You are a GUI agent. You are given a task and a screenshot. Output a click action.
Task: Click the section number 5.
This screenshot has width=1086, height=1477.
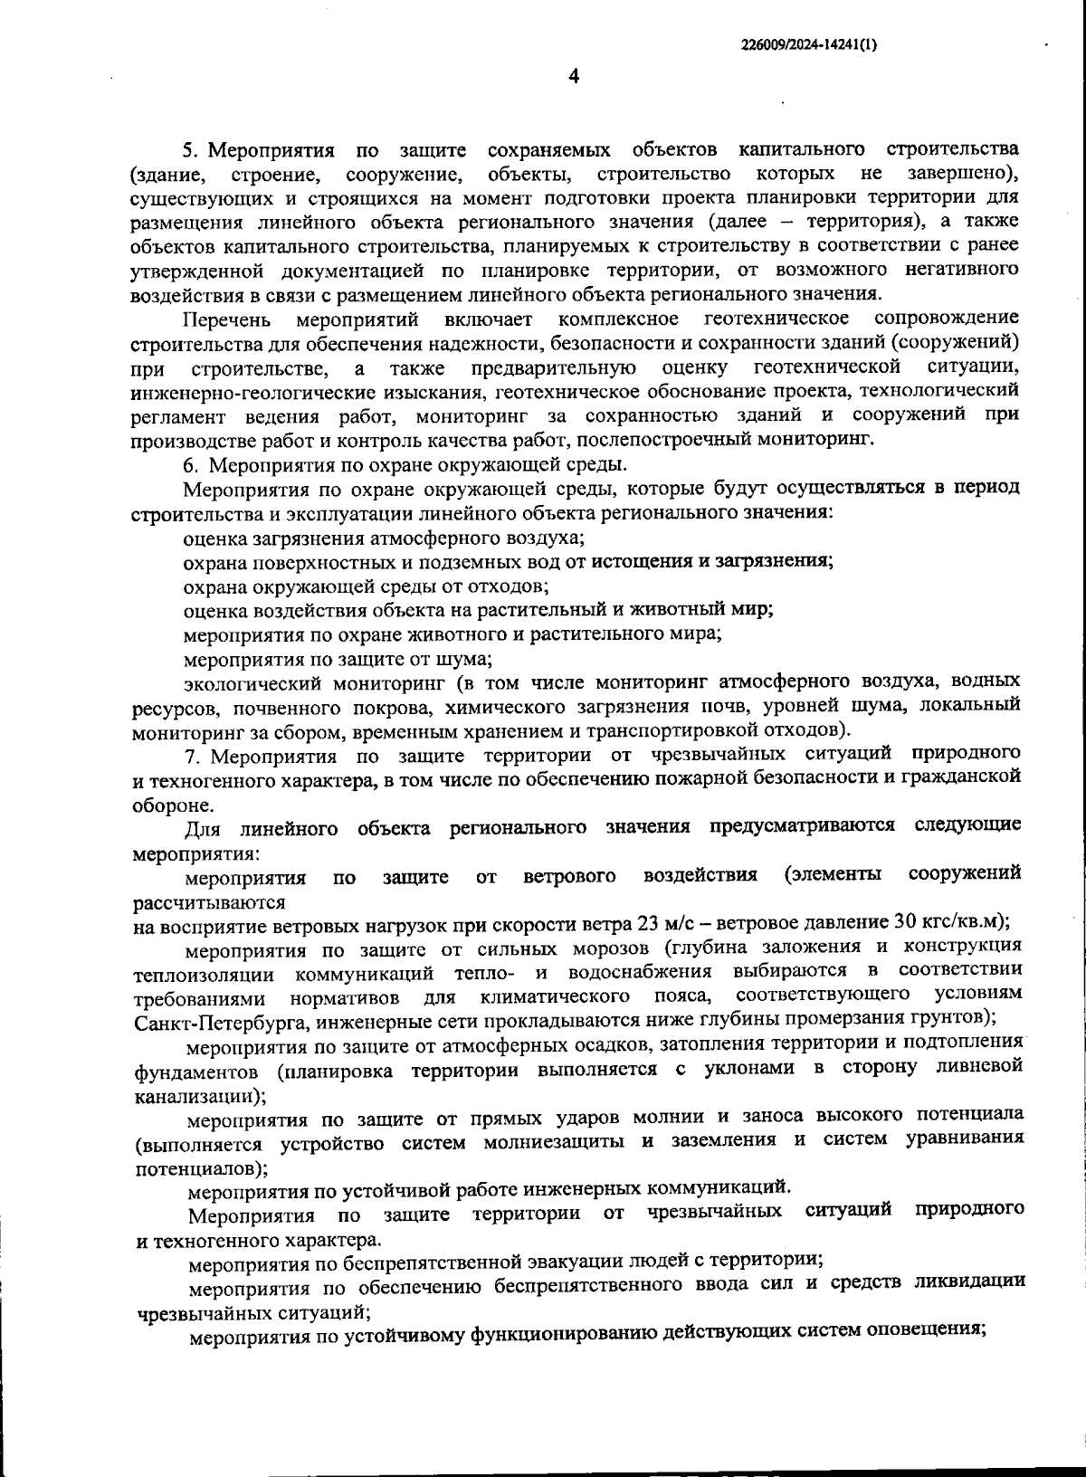point(189,148)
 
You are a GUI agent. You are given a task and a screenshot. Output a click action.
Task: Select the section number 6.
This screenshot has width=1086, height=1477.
point(189,465)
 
